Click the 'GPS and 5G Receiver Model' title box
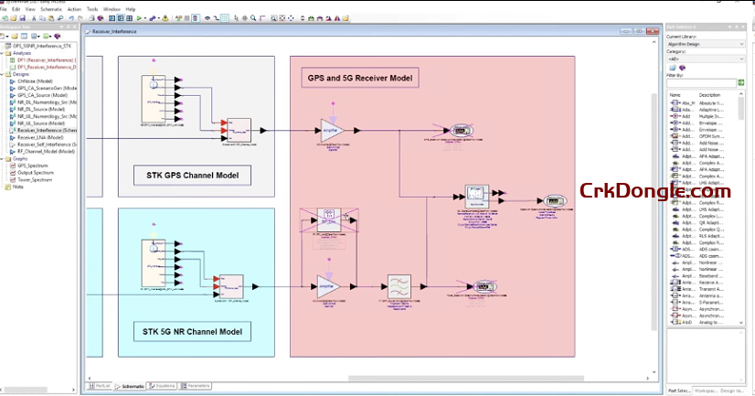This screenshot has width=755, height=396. [x=359, y=79]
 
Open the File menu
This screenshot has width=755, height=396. [x=4, y=9]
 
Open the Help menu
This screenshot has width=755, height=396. [x=131, y=9]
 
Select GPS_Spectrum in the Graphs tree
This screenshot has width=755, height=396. [x=31, y=165]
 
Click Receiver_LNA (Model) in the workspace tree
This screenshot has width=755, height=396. [x=40, y=137]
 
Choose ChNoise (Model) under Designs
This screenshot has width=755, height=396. [x=35, y=80]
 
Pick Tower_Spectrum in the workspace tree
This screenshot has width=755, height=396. [x=34, y=179]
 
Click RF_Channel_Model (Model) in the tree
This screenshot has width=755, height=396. [x=46, y=151]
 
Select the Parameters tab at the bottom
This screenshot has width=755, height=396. [x=198, y=387]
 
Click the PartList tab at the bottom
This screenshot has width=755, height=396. [x=101, y=387]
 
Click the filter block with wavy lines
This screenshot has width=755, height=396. [x=398, y=284]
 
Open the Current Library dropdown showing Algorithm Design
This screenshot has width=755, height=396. [x=705, y=44]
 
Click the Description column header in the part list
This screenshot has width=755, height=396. [x=710, y=94]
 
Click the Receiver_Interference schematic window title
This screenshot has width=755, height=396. [x=112, y=30]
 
